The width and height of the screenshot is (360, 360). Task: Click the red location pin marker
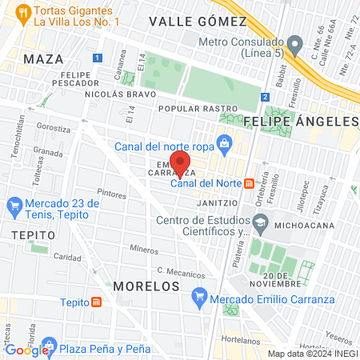[180, 162]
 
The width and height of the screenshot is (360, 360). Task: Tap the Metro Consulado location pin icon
[295, 42]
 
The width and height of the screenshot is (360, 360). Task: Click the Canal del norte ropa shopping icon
[226, 145]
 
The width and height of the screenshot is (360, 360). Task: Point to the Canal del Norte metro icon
[250, 182]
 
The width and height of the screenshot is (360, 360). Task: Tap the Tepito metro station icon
[97, 302]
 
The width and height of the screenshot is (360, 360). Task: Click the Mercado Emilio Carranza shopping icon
[199, 301]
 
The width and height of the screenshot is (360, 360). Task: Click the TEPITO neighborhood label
[34, 235]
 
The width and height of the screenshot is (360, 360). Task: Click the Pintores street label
[111, 193]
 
